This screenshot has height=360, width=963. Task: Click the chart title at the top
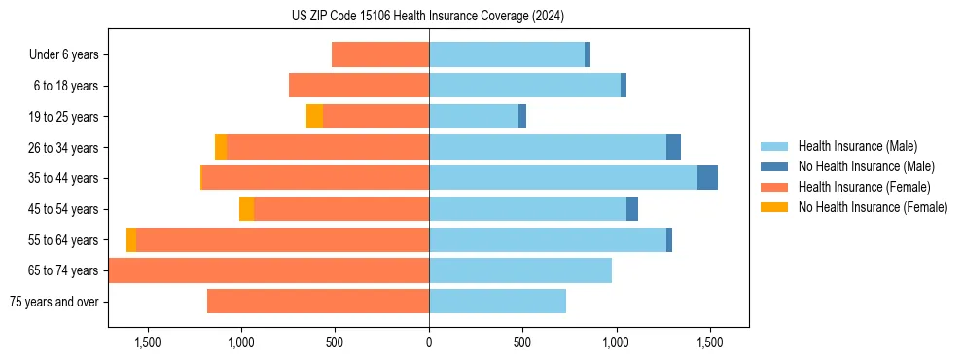coord(428,16)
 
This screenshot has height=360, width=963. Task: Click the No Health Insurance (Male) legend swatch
coord(774,166)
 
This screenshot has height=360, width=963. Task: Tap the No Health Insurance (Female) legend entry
coord(873,207)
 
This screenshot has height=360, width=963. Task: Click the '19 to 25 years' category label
coord(63,117)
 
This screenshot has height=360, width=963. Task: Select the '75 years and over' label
coord(54,302)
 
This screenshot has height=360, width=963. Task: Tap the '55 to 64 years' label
coord(63,240)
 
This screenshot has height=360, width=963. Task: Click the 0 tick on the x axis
coord(429,342)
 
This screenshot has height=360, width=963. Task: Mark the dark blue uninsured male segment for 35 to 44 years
coord(707,178)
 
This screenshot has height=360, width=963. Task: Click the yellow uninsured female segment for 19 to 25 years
coord(314,117)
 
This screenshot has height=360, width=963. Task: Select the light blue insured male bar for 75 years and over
coord(497,302)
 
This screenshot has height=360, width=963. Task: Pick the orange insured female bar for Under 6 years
coord(380,54)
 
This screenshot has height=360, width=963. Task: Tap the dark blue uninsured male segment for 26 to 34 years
coord(673,147)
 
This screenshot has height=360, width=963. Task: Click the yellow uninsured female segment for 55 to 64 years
coord(131,240)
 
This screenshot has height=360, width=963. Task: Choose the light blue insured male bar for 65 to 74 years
coord(520,270)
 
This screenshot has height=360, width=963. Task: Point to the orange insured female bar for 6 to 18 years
coord(359,86)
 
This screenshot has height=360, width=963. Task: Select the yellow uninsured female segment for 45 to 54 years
coord(246,209)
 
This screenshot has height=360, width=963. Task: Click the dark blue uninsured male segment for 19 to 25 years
coord(522,117)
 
